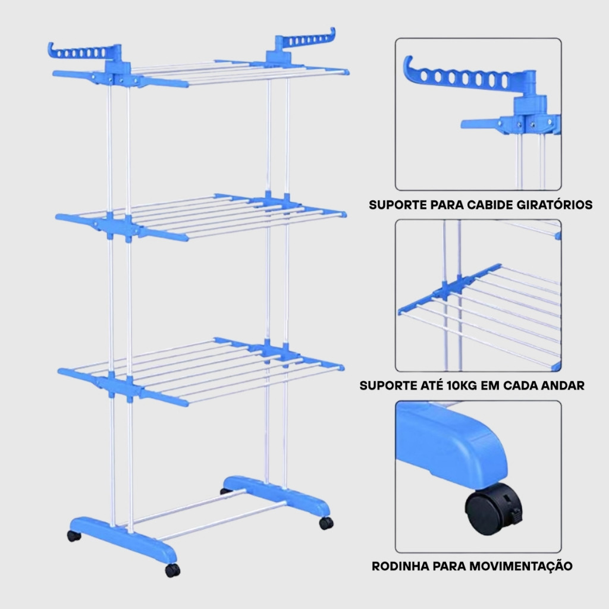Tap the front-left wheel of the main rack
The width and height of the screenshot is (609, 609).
coord(74,535)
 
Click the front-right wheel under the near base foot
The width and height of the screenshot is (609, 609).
coord(172,570)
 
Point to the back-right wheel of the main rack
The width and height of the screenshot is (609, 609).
coord(326,523)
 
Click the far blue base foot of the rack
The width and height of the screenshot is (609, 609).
coord(277,494)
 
